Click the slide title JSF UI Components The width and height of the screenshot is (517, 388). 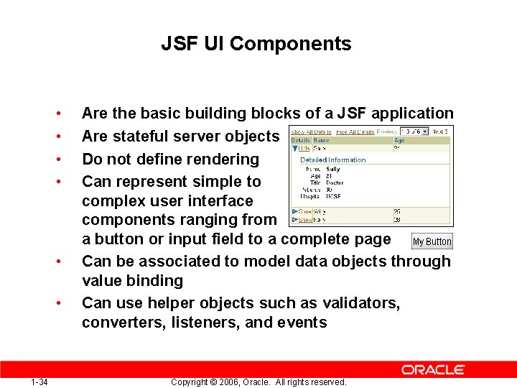pos(256,44)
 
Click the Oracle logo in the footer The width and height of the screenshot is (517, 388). pos(433,369)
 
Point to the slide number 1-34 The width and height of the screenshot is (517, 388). pos(39,382)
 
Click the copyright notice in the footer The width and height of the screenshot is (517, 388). pos(258,382)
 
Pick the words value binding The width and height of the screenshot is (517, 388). pos(132,281)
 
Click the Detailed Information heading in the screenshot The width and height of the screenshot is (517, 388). pos(332,160)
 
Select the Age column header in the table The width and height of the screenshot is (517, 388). pos(399,141)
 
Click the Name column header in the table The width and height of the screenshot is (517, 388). pos(321,141)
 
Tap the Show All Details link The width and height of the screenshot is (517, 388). pos(311,131)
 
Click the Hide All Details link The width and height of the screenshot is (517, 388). pos(356,131)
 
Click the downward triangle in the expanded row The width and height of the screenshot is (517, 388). pos(294,148)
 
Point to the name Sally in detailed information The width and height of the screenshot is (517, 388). pos(333,170)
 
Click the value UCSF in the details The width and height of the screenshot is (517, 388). pos(333,196)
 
